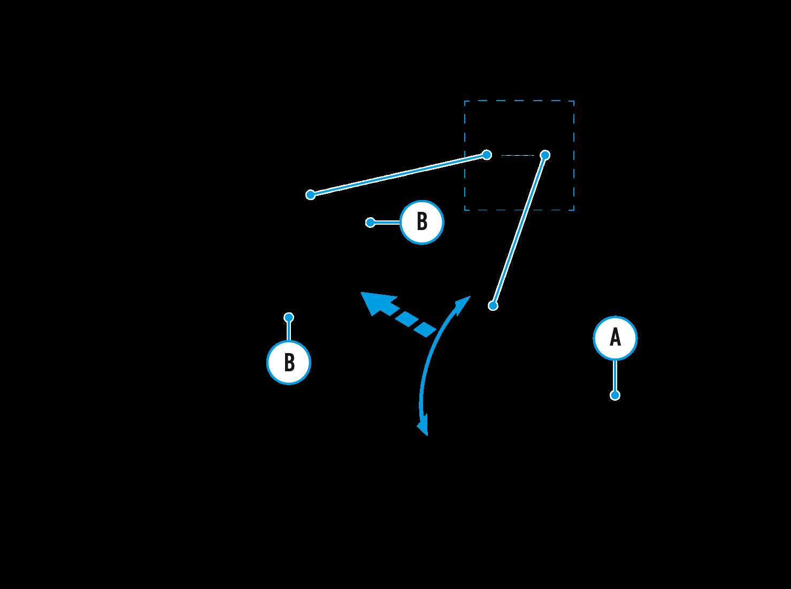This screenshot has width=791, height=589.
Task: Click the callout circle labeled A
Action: pyautogui.click(x=615, y=338)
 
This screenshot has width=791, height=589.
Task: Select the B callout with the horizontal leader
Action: pyautogui.click(x=422, y=222)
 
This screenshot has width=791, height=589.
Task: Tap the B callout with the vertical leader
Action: pyautogui.click(x=289, y=362)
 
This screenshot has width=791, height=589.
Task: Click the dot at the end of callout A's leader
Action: pyautogui.click(x=615, y=395)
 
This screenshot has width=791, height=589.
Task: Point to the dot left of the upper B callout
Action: pyautogui.click(x=370, y=222)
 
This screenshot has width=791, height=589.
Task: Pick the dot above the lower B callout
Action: pyautogui.click(x=289, y=317)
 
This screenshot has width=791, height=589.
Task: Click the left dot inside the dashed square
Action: pyautogui.click(x=487, y=155)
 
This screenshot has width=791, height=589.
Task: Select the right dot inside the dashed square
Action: pyautogui.click(x=545, y=155)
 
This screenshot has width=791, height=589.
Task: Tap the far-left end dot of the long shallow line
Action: pyautogui.click(x=310, y=195)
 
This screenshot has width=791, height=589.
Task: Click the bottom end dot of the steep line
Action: pyautogui.click(x=493, y=305)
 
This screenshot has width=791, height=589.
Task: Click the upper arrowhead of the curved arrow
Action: pyautogui.click(x=464, y=302)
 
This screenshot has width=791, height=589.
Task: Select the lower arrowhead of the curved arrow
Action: pyautogui.click(x=424, y=428)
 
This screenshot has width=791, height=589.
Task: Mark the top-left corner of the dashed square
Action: pyautogui.click(x=465, y=101)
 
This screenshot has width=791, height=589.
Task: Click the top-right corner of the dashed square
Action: pyautogui.click(x=574, y=101)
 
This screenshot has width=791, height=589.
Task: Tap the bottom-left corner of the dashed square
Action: pyautogui.click(x=465, y=210)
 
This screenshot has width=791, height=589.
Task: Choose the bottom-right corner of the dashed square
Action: pyautogui.click(x=574, y=210)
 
